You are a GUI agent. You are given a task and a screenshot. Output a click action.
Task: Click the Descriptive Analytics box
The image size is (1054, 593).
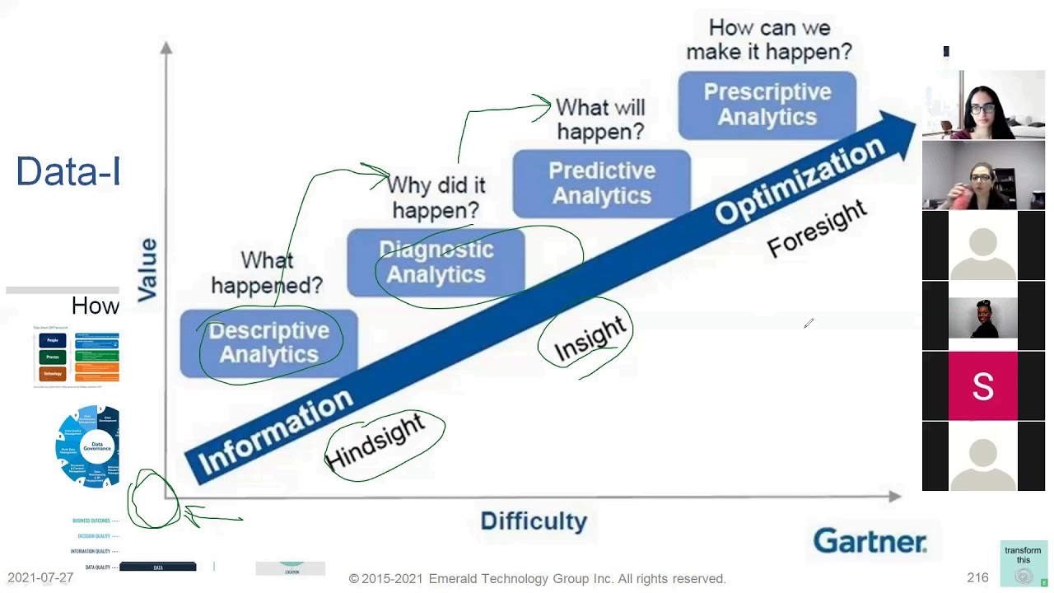pos(268,343)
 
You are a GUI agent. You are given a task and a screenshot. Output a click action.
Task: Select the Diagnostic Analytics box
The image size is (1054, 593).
pos(436,262)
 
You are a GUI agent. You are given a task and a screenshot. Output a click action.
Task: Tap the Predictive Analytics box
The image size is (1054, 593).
pos(601,183)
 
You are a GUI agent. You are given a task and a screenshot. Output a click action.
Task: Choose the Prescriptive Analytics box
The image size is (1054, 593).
pos(767,105)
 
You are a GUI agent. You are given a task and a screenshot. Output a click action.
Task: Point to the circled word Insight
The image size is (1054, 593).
pos(590,339)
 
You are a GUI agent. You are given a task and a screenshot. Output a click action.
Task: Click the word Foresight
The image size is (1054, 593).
pos(817,228)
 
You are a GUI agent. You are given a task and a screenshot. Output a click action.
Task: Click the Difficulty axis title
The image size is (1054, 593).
pos(534,521)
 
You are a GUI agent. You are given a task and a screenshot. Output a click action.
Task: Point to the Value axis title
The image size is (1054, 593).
pos(148,269)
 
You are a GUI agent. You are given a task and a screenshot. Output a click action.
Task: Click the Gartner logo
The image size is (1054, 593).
pos(870,541)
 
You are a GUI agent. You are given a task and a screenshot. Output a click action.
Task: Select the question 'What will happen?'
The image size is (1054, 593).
pos(599,119)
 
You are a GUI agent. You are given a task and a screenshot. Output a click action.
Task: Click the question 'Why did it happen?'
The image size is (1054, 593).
pos(436,198)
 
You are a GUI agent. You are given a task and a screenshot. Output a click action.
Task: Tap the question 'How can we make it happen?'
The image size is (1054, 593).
pos(768,40)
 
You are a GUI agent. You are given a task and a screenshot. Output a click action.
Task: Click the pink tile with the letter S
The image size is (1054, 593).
pos(983,386)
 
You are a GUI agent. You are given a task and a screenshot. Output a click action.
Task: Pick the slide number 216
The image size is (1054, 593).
pos(977,578)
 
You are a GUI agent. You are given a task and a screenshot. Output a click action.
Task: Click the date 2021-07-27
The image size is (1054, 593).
pos(40,578)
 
